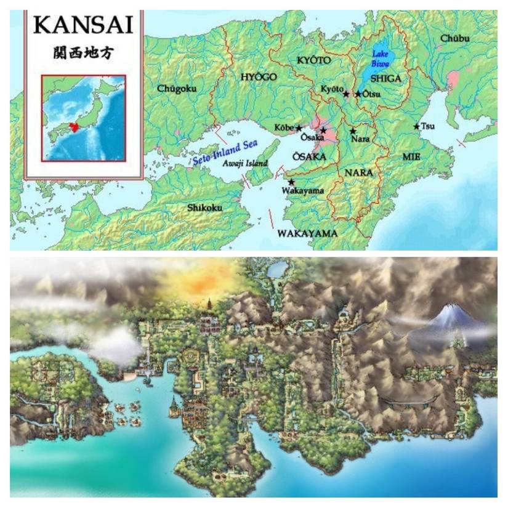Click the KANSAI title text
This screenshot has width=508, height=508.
tap(83, 25)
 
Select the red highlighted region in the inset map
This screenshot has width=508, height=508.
tap(75, 127)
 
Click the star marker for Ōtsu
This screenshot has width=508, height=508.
tap(358, 94)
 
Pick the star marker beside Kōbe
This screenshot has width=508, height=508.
tap(299, 128)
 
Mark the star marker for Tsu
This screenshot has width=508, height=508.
tap(417, 126)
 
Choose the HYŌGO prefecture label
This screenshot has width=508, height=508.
tap(257, 77)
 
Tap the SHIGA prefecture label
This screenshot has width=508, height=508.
tap(386, 78)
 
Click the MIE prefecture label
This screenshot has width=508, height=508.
tap(411, 157)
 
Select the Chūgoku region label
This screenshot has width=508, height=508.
tap(177, 89)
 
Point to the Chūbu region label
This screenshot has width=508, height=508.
tap(455, 39)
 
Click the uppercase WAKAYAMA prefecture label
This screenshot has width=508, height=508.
tap(307, 233)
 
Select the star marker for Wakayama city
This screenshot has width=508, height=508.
tap(291, 182)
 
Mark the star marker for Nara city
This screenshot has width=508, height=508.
tap(353, 131)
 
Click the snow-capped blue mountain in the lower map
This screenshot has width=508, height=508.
tap(451, 318)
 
